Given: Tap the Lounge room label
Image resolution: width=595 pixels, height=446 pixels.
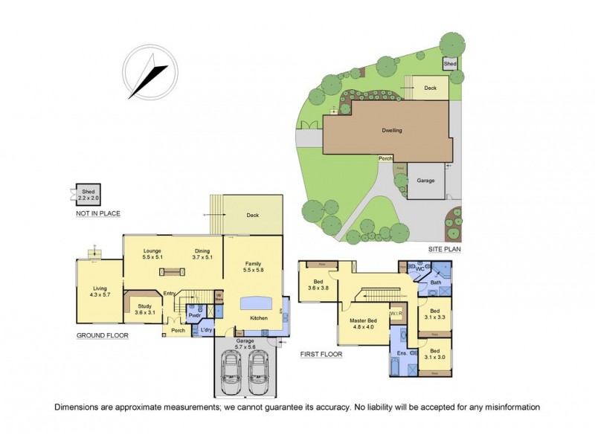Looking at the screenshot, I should tap(152, 253).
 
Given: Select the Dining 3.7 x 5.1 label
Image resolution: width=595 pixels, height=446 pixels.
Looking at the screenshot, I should tap(202, 253).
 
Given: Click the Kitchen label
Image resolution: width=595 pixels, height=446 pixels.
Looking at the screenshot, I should tap(258, 318).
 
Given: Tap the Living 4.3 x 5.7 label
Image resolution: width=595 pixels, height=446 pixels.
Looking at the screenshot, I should tap(100, 292).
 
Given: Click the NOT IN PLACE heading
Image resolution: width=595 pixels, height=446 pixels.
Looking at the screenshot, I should tap(97, 213).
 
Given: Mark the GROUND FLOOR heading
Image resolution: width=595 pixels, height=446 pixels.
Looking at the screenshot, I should tap(103, 336).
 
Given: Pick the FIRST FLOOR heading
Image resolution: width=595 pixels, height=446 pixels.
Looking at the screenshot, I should tap(321, 355).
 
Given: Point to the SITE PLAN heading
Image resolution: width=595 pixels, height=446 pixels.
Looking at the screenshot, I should tap(445, 250).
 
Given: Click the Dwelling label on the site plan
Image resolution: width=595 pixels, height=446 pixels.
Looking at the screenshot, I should tap(392, 130).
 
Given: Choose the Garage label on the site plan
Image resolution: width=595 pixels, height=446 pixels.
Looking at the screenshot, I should tap(425, 181).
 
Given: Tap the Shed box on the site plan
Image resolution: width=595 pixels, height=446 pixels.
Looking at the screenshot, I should tap(450, 65).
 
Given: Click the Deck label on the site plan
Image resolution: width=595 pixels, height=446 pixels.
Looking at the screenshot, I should tap(430, 88).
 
